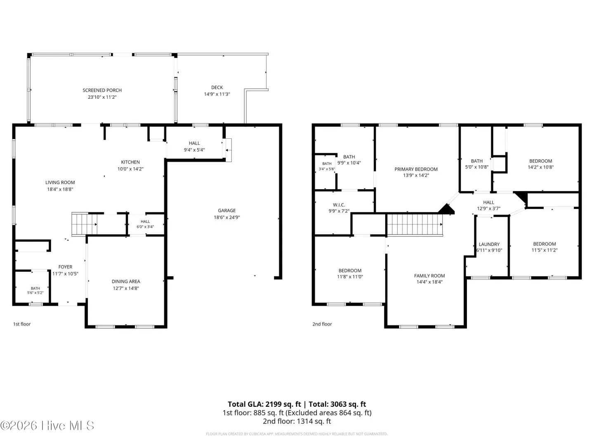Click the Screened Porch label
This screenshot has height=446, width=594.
click(102, 90)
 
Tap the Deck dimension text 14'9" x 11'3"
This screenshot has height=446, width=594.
click(217, 94)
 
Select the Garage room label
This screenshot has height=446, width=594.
click(227, 211)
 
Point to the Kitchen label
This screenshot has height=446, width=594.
click(130, 162)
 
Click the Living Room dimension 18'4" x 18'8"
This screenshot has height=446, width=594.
click(60, 189)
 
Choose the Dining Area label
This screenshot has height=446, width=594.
click(126, 282)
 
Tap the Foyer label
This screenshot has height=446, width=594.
click(65, 267)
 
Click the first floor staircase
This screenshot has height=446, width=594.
click(84, 224)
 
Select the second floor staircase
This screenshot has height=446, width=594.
click(415, 225)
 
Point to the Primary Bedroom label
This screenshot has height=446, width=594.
click(416, 169)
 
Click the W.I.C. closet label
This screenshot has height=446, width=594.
click(339, 205)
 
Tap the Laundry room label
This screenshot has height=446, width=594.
click(489, 244)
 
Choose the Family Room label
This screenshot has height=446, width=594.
click(429, 276)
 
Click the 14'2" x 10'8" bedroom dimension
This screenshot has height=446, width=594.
click(540, 167)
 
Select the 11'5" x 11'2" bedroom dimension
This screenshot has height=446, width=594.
click(544, 250)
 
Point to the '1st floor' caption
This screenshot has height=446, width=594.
click(22, 324)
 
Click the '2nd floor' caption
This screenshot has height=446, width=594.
click(322, 324)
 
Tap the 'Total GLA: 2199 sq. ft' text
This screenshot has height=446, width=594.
click(264, 404)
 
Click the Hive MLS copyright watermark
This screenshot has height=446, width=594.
click(47, 425)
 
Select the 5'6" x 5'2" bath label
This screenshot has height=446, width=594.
click(35, 293)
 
